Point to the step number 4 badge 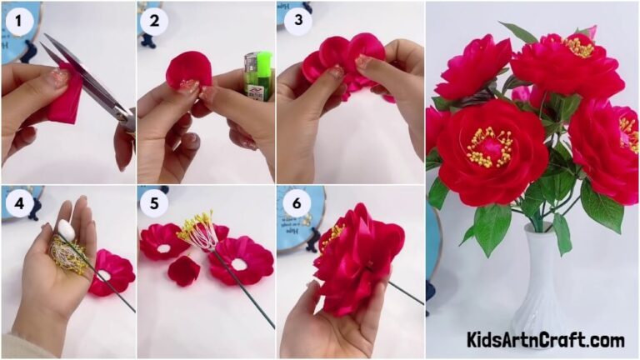pyautogui.click(x=15, y=202)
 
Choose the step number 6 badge pyautogui.click(x=293, y=202)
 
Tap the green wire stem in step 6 pyautogui.click(x=406, y=292)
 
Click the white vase pyautogui.click(x=537, y=288)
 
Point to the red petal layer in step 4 pyautogui.click(x=112, y=272)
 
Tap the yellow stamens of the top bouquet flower pyautogui.click(x=576, y=47)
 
